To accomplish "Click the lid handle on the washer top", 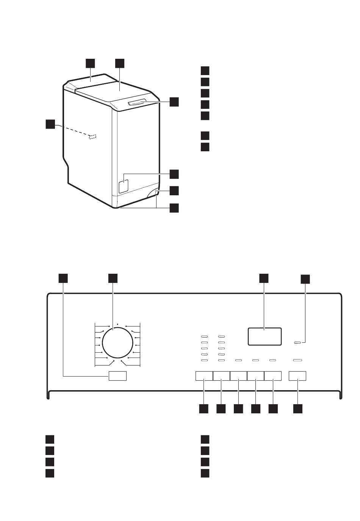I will coord(137,102).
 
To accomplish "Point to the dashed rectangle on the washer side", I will coord(92,137).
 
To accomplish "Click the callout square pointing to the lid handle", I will coord(174,102).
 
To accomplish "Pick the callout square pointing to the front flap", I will coord(174,174).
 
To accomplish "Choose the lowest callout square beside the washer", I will coord(174,208).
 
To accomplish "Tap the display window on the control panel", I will coord(265,336).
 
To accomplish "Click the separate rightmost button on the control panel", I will coord(297,376).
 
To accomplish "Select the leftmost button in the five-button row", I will coord(204,376).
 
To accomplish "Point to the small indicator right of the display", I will coord(298,343).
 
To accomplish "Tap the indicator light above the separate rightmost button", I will coord(297,360).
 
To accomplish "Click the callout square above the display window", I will coord(264,278).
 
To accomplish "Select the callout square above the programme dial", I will coord(112,278).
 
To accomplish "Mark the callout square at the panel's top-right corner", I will coord(305,279).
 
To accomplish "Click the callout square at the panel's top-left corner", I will coord(63,278).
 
